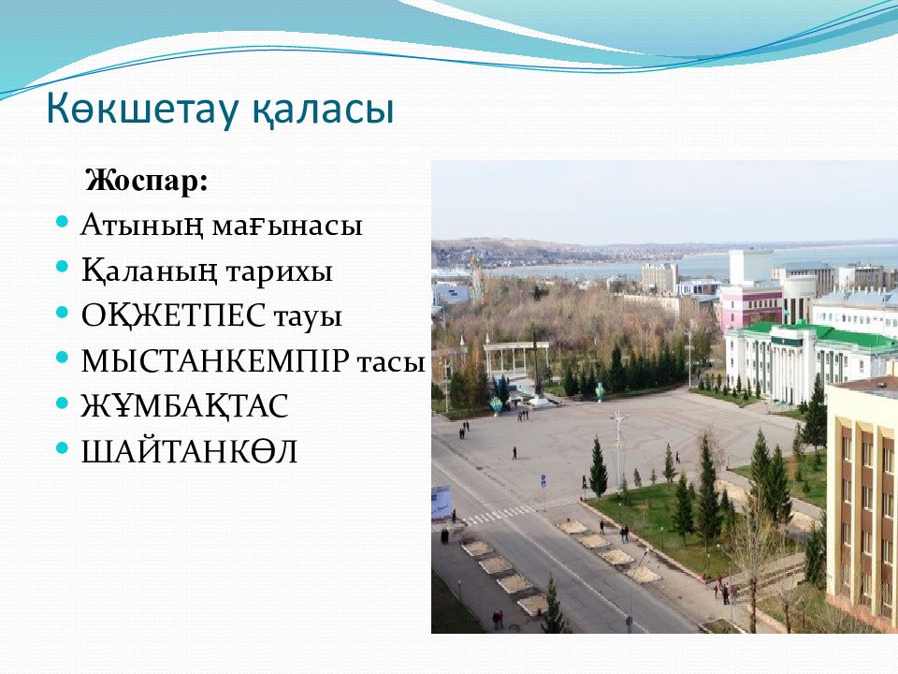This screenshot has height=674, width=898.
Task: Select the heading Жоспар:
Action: (147, 181)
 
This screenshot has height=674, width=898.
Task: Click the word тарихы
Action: (280, 272)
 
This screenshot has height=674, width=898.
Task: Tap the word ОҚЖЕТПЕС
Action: (174, 315)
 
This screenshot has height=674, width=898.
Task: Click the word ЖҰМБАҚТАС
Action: (184, 405)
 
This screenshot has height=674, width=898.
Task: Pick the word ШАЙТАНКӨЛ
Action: (189, 451)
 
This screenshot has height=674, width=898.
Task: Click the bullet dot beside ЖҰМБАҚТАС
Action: (63, 403)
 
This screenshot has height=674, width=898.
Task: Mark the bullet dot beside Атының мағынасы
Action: (63, 221)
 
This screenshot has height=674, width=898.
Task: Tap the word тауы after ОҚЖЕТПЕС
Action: (308, 317)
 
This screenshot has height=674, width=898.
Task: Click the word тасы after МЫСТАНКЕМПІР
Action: (391, 363)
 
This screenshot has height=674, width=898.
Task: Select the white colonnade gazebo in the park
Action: (516, 359)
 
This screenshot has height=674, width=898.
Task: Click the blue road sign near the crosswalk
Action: (543, 478)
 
